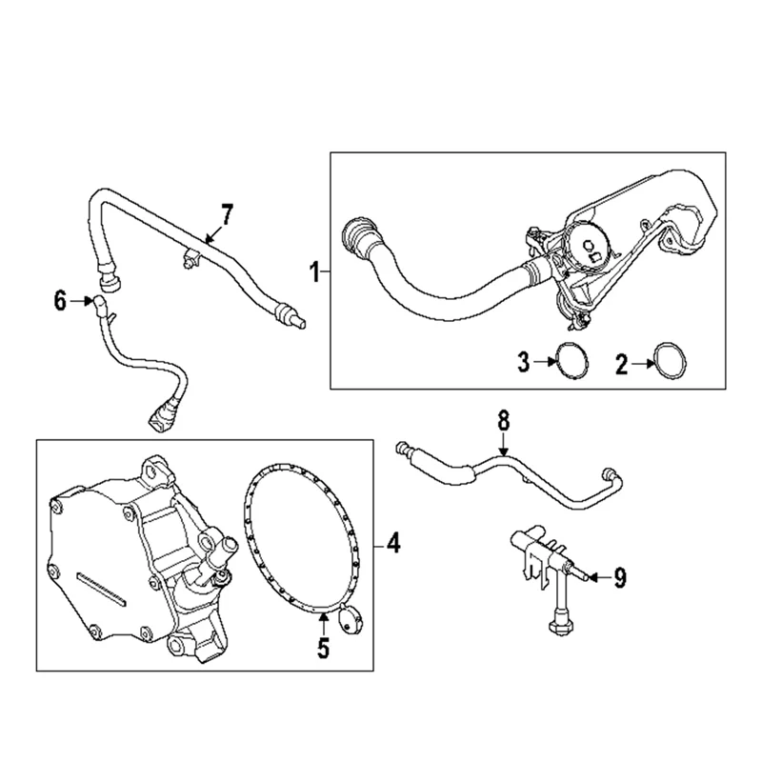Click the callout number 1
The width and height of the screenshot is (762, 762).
pos(313,273)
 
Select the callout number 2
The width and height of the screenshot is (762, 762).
pos(620,362)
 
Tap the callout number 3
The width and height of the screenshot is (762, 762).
pos(523,362)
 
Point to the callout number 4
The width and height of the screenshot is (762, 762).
pos(394,546)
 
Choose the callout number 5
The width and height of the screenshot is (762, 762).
pos(323,650)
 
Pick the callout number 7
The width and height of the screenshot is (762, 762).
pos(226,214)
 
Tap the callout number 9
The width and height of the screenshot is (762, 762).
pos(619,577)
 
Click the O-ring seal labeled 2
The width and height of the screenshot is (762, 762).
pos(668,362)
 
